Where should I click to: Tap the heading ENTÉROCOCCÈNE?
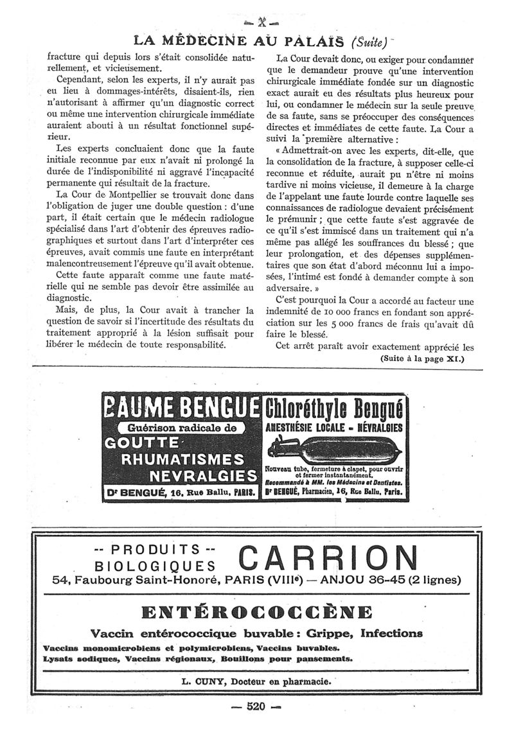[256, 611]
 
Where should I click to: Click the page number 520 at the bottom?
[256, 707]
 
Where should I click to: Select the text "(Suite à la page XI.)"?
[421, 358]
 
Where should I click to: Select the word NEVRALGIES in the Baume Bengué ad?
[203, 476]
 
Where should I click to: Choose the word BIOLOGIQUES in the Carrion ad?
[155, 565]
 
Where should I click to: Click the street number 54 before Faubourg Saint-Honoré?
[62, 580]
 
